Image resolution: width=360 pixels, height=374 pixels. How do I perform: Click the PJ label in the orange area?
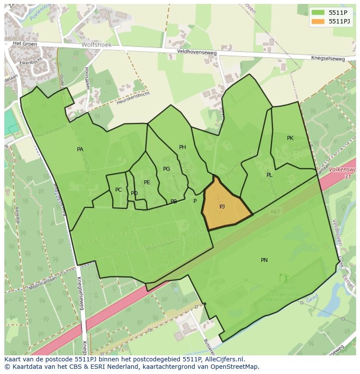coord(222,206)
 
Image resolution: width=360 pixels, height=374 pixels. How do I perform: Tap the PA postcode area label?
coord(80,149)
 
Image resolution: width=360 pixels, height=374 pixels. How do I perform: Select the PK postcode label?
coord(290,138)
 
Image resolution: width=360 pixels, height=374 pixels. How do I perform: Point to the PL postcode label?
coord(269,175)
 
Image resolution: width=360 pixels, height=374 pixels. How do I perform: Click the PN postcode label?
coord(264,260)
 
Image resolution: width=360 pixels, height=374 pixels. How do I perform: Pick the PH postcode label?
coord(183,147)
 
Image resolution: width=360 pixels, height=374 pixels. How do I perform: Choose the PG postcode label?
coord(167,169)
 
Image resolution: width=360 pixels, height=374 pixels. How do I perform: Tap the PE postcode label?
coord(147,182)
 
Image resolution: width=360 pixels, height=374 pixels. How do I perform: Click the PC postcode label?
coord(118,190)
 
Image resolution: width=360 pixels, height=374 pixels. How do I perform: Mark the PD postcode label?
coord(134,193)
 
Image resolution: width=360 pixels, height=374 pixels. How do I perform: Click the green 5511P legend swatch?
coord(318,12)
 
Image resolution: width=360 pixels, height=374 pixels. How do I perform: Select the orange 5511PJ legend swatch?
coord(318,21)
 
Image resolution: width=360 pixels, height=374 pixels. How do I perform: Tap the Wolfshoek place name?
coord(97,45)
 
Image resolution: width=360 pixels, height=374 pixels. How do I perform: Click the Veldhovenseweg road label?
coord(197,51)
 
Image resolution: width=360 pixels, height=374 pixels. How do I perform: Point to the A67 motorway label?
coord(275,212)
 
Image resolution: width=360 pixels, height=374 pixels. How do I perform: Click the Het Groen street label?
coord(23,43)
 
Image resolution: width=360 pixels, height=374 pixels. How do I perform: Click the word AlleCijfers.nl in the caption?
coord(223,360)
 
